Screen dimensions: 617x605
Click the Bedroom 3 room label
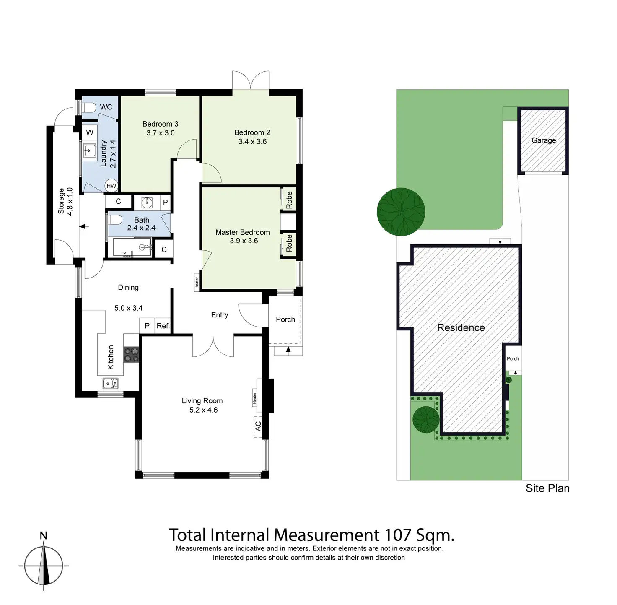(x=160, y=124)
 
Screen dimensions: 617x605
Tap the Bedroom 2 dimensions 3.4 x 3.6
(x=252, y=142)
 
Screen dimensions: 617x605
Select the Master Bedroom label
(x=242, y=232)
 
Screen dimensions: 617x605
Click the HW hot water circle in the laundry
(x=111, y=186)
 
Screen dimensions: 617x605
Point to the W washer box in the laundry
(x=90, y=132)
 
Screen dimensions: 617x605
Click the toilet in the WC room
(x=88, y=107)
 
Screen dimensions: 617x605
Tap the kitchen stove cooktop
(x=131, y=355)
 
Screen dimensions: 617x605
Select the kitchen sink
(x=111, y=383)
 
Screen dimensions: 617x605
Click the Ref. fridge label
(x=163, y=326)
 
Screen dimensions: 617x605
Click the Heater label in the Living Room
(x=255, y=399)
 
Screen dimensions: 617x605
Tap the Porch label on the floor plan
(x=285, y=319)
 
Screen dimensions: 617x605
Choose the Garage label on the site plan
(x=543, y=140)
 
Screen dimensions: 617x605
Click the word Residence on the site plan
(x=461, y=327)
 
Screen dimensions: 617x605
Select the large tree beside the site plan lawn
(x=401, y=212)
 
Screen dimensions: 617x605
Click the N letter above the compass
(x=44, y=535)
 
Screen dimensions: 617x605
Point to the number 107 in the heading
(x=398, y=535)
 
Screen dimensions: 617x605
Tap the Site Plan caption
(x=547, y=488)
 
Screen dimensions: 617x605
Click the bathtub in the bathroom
(x=132, y=247)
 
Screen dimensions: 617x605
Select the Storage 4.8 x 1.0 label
(x=65, y=201)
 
